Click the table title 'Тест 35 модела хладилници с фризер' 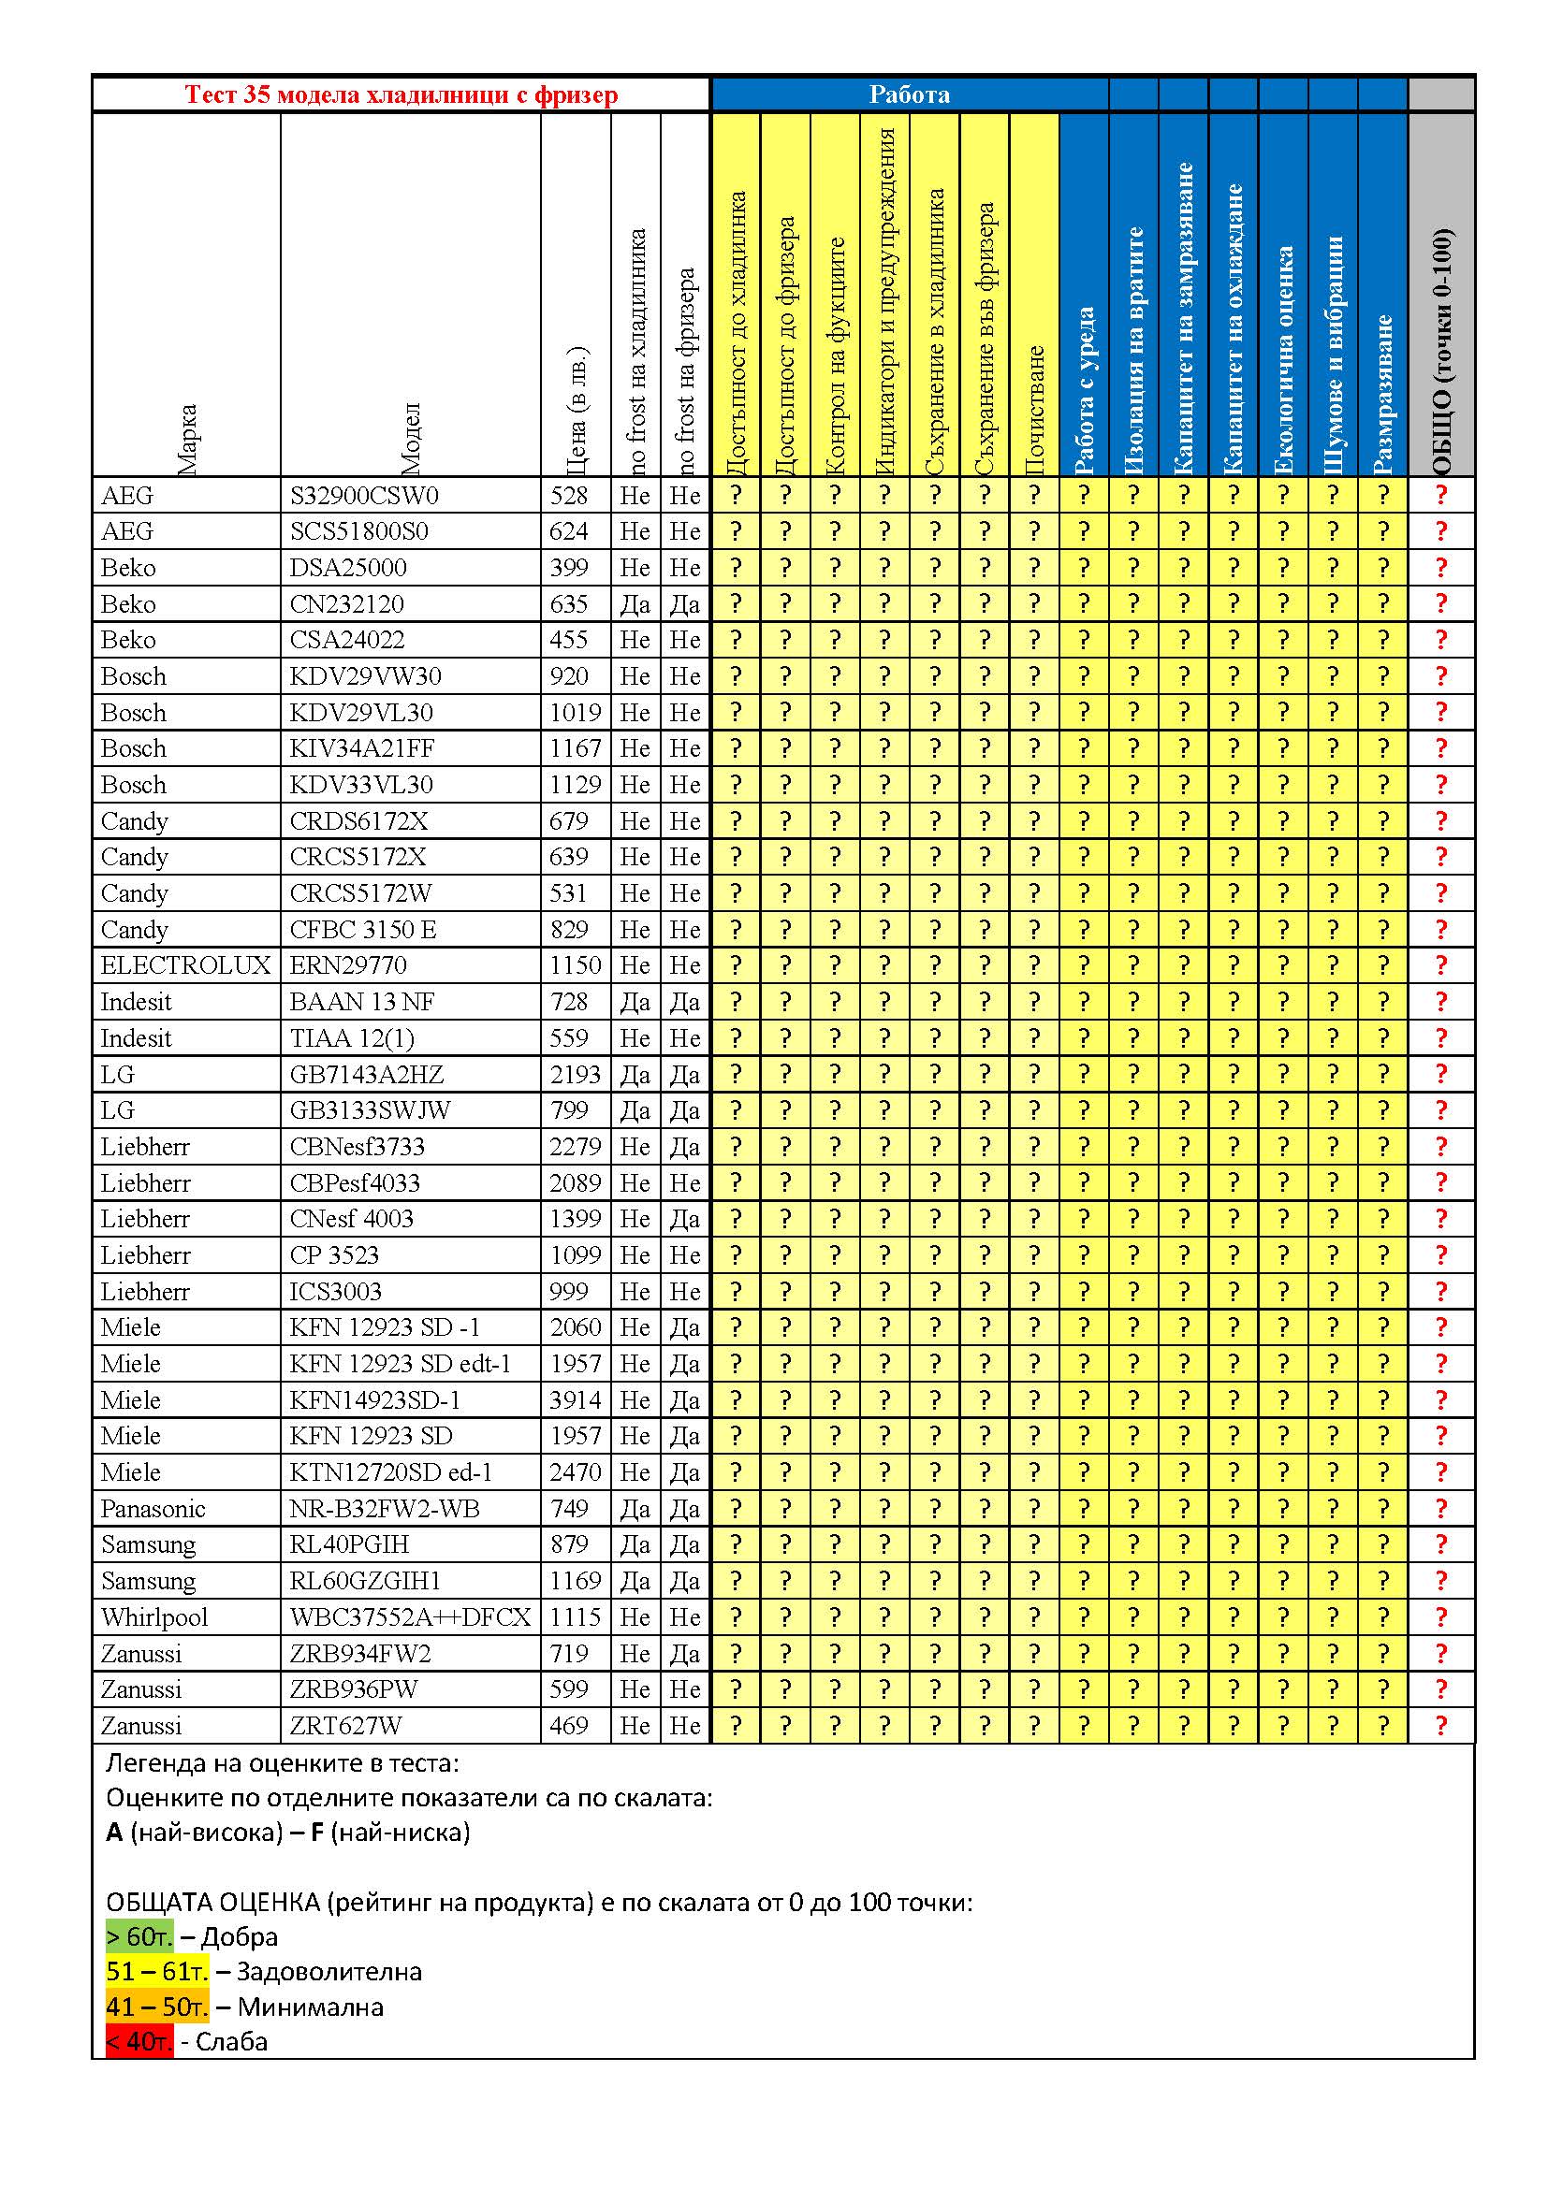click(401, 94)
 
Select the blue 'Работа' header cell click(909, 94)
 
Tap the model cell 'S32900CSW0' click(364, 496)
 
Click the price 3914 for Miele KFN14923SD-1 click(575, 1400)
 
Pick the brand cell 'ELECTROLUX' click(186, 965)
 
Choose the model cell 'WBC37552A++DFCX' click(410, 1617)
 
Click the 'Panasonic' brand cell click(153, 1509)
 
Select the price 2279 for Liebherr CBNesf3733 click(575, 1147)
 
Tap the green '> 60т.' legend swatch click(139, 1937)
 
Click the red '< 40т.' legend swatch click(139, 2042)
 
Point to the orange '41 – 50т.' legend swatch click(156, 2007)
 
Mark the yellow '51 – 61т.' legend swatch click(156, 1972)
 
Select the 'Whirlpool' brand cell click(154, 1617)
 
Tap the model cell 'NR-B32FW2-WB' click(384, 1509)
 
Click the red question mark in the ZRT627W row click(1440, 1726)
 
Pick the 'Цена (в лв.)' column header click(576, 410)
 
